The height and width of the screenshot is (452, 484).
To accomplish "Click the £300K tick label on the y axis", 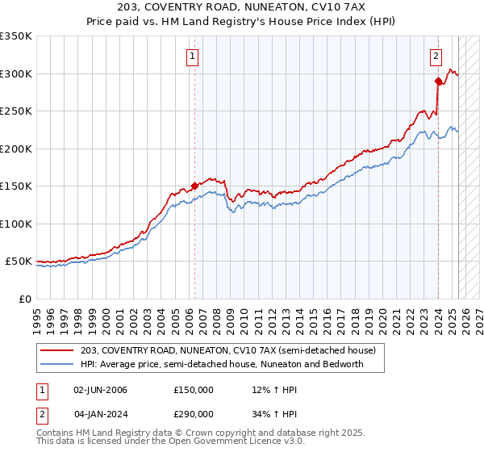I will click(x=16, y=73).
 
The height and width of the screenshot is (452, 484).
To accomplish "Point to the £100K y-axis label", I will click(x=16, y=224).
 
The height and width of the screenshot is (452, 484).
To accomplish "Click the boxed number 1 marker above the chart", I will click(x=194, y=56).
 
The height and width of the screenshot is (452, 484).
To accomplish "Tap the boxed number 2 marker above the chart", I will click(x=436, y=56).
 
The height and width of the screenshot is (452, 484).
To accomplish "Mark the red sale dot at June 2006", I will click(x=194, y=186).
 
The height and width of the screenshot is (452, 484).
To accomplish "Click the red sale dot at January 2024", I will click(x=438, y=81).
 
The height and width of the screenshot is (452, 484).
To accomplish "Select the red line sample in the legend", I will click(x=57, y=351).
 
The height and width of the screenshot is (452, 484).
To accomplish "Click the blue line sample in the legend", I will click(x=57, y=364).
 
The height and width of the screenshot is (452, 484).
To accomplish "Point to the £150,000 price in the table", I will click(x=193, y=390).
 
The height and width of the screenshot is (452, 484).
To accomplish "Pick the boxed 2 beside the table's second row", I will click(x=41, y=412).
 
